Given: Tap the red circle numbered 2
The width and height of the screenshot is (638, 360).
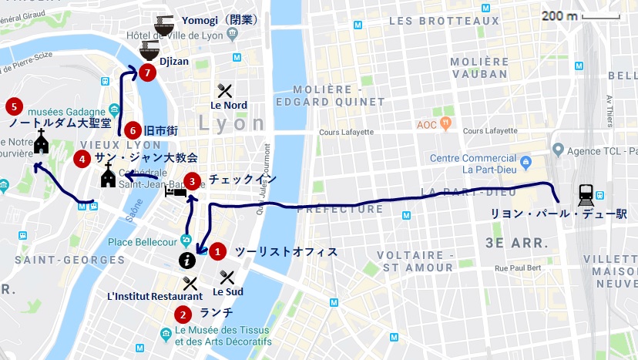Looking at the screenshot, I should pos(182,314).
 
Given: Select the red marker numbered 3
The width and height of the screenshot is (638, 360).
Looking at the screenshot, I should pos(193,180).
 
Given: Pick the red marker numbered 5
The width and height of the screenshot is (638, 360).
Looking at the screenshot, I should pos(12,106).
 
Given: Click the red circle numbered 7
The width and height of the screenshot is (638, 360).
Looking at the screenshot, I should pos(149,72).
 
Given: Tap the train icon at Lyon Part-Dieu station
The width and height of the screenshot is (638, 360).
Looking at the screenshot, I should pos(585,196).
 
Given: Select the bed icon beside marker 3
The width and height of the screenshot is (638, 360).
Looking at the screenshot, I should pos(175,192).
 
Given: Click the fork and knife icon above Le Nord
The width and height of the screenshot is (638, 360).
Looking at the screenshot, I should pos(224,90).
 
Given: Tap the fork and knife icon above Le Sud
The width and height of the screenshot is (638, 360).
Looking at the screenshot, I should pos(227,277).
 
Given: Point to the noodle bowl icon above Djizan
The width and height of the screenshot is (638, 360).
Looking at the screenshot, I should pos(149,51).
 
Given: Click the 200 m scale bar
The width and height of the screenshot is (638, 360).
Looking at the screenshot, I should pos(600,16).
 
